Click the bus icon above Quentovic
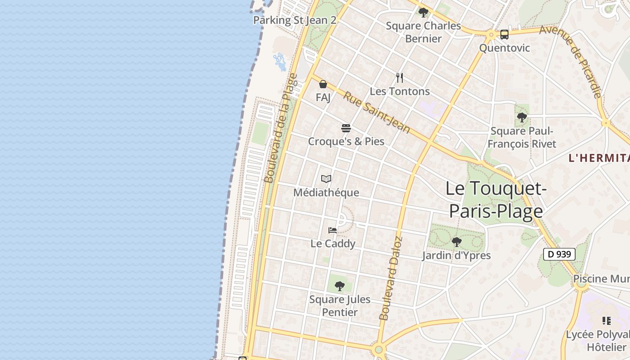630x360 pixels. [x=504, y=34]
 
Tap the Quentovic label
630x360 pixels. [x=504, y=48]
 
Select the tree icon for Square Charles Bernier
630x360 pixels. [x=423, y=12]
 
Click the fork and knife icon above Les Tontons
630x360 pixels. [x=400, y=78]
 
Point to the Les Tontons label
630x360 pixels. [x=400, y=91]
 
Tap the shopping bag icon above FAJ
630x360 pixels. [x=323, y=84]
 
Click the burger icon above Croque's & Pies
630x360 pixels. [x=346, y=128]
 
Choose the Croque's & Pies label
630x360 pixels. [x=346, y=141]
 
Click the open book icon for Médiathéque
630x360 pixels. [x=326, y=179]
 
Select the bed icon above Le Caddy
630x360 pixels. [x=333, y=230]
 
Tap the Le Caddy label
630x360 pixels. [x=333, y=243]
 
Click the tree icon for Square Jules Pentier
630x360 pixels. [x=340, y=286]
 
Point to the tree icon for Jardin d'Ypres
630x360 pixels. [x=456, y=242]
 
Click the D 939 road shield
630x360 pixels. [x=559, y=254]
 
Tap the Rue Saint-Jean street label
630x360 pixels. [x=377, y=112]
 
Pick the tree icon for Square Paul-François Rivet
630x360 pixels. [x=522, y=118]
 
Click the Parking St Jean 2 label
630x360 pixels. [x=295, y=20]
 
